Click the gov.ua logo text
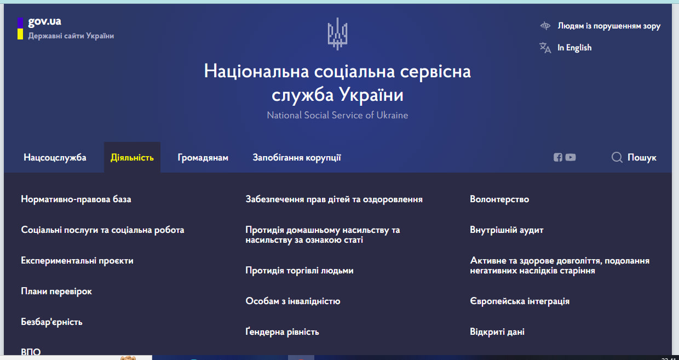[x=44, y=21]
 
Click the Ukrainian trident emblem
[x=337, y=33]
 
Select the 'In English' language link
[x=574, y=48]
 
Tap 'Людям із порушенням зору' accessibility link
[x=609, y=26]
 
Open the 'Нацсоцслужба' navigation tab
[x=55, y=157]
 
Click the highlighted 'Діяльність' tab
[x=132, y=157]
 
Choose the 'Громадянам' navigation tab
[x=203, y=157]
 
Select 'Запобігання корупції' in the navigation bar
[x=297, y=157]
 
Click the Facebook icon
[x=558, y=157]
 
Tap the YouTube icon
[x=571, y=157]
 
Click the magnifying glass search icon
[x=617, y=157]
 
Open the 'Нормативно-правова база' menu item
[x=76, y=199]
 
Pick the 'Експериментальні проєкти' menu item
[x=77, y=260]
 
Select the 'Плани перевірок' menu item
[x=56, y=291]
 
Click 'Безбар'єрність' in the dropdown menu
[x=51, y=322]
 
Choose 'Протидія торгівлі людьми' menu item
[x=300, y=270]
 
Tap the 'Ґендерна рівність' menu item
[x=282, y=332]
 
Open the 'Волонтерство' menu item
[x=499, y=199]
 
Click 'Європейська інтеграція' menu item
[x=520, y=301]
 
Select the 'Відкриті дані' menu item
[x=497, y=332]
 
